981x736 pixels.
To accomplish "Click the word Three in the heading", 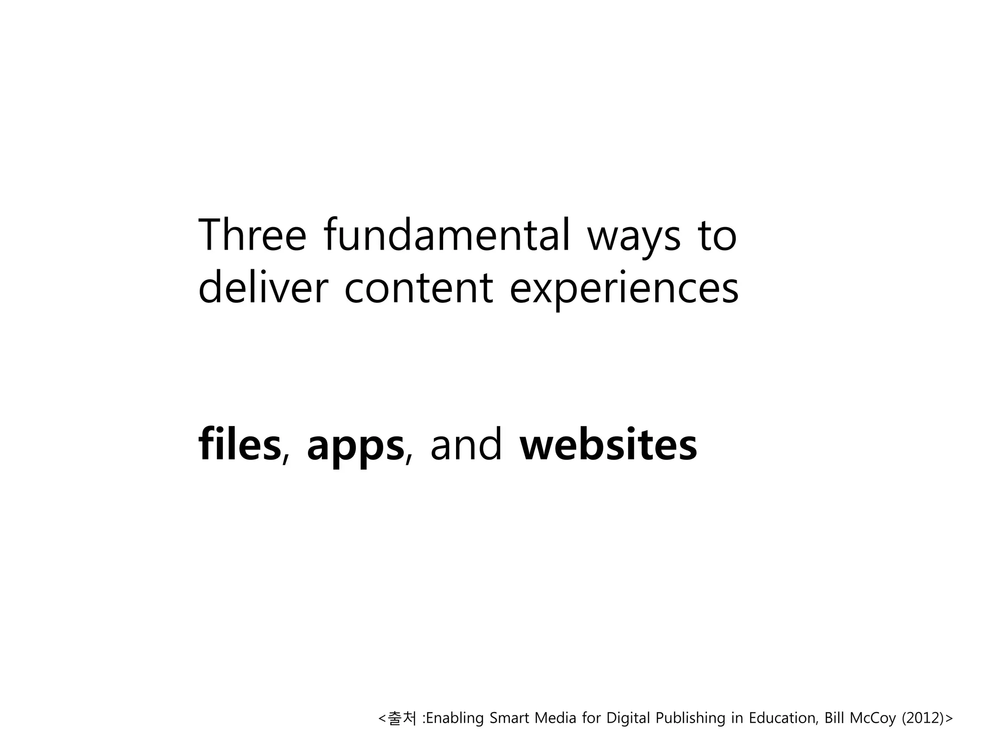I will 251,235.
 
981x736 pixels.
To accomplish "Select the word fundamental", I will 446,235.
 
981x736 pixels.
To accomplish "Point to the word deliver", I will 263,287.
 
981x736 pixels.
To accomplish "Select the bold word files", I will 239,445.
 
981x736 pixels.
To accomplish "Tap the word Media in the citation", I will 555,718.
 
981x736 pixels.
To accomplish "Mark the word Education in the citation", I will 783,718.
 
